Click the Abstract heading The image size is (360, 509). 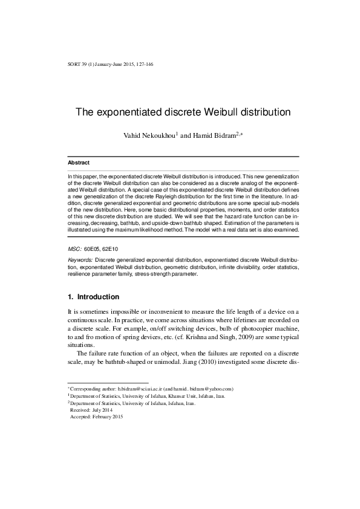click(78, 163)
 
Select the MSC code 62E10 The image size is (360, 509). click(110, 248)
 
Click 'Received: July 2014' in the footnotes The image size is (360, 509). click(91, 410)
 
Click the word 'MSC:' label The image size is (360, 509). click(74, 248)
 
